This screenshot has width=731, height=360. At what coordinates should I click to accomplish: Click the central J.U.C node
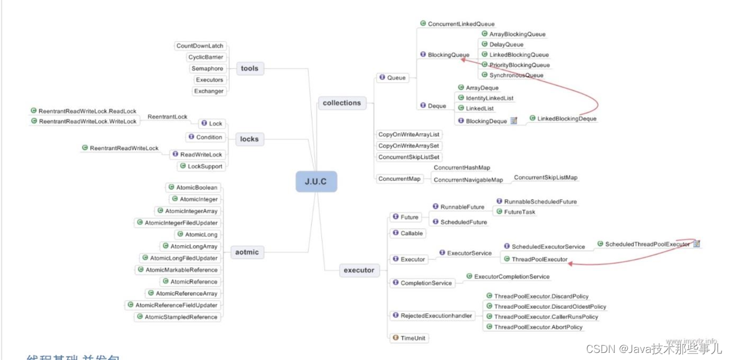[316, 181]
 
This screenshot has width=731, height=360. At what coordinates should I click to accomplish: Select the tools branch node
[249, 68]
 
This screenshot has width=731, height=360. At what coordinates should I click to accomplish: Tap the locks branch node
[249, 139]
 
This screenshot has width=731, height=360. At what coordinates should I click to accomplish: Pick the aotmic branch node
[247, 252]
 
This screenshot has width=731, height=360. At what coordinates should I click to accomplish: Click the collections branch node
[341, 103]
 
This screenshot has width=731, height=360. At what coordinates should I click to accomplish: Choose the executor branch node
[358, 270]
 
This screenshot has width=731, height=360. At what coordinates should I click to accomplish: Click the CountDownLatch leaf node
[200, 46]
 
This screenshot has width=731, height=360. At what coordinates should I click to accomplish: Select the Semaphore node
[207, 68]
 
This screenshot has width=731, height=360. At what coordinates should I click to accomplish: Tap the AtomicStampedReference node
[177, 317]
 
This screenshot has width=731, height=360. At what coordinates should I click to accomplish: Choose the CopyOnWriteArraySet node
[409, 146]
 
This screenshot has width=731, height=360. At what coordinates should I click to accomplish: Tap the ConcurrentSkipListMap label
[545, 177]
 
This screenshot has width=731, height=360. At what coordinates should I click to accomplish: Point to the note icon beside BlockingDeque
[513, 121]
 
